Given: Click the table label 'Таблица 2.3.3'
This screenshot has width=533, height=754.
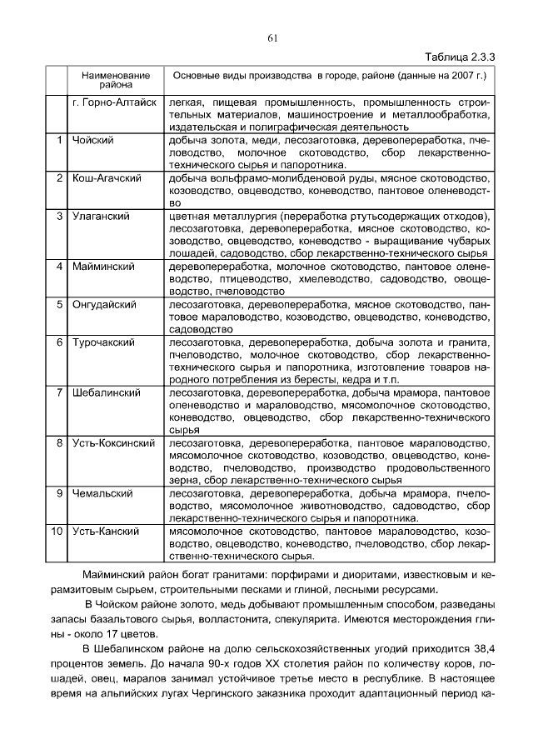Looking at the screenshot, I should tap(460, 56).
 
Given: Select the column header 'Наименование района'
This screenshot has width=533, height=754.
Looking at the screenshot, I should tap(116, 80).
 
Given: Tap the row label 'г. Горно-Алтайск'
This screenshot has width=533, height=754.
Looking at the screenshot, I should tap(113, 102).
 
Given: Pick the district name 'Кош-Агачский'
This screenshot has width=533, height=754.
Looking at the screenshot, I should tap(106, 178).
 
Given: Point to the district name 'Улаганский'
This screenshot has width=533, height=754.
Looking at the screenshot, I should tap(101, 217).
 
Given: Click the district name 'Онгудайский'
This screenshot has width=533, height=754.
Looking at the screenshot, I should tap(104, 305).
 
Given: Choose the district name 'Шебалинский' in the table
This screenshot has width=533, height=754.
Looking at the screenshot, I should tap(105, 392).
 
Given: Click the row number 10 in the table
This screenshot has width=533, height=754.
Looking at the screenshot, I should tap(57, 531).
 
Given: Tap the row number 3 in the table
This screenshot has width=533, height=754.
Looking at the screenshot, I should tap(60, 217).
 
